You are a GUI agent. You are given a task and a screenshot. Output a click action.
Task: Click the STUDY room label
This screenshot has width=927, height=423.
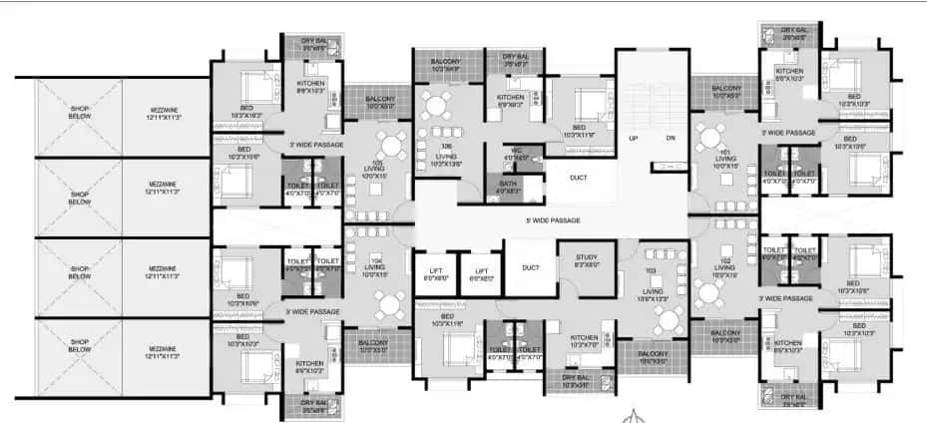(x=586, y=260)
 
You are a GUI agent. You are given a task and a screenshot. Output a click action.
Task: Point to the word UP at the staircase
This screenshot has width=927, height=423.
(x=632, y=138)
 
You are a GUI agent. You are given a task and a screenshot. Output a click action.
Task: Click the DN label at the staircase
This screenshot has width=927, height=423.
(x=670, y=138)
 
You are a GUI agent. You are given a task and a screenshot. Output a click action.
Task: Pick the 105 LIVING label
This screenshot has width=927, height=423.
(x=376, y=167)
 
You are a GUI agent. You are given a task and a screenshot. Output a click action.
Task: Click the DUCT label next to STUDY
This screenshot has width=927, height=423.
(x=530, y=266)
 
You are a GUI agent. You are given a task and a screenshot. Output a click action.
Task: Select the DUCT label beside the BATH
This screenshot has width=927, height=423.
(x=578, y=179)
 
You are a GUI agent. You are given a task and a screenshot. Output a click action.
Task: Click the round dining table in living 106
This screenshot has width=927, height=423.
(x=436, y=105)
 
